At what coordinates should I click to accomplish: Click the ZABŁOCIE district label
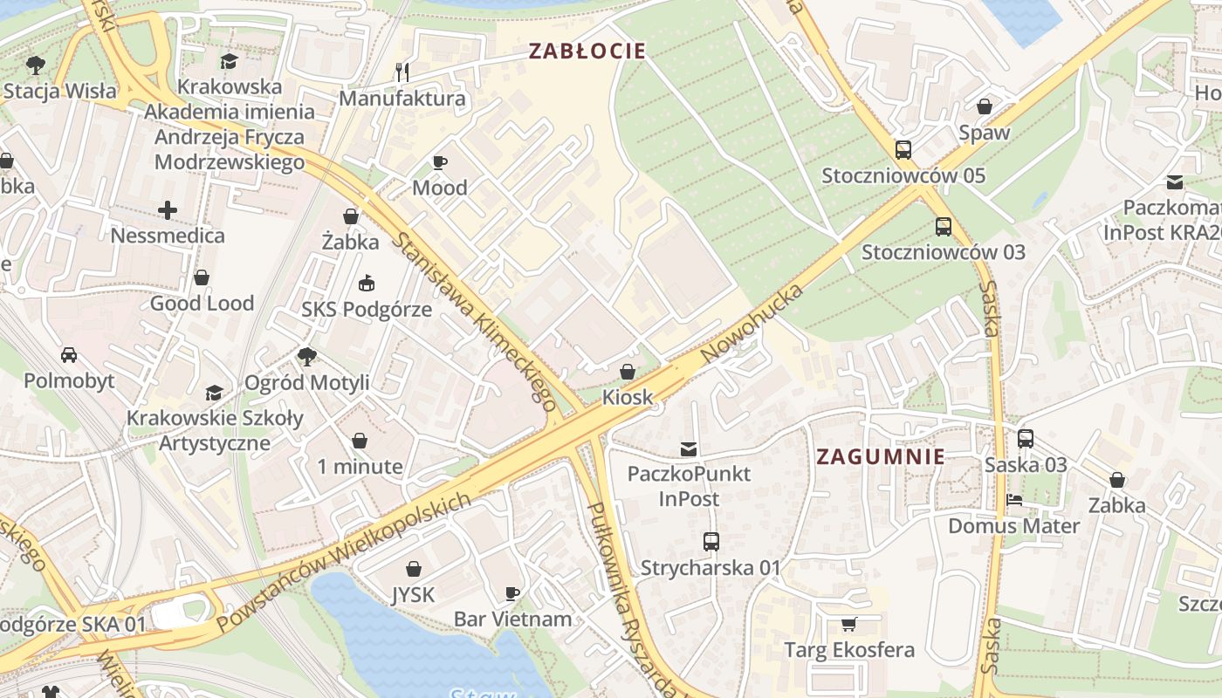(x=587, y=51)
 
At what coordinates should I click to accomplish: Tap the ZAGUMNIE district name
(x=880, y=456)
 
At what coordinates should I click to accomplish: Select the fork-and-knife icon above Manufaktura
(x=402, y=71)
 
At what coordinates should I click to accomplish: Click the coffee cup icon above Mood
(x=440, y=162)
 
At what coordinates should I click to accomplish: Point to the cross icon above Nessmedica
(x=167, y=209)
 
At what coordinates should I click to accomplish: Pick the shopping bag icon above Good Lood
(x=202, y=277)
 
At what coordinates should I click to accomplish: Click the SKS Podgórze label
(x=367, y=309)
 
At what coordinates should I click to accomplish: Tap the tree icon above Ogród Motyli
(x=306, y=356)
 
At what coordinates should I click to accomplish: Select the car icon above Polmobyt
(x=68, y=355)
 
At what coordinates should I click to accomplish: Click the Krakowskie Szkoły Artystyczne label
(x=215, y=430)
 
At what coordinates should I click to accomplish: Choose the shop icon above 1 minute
(x=359, y=441)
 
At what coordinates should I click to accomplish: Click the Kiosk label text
(x=627, y=397)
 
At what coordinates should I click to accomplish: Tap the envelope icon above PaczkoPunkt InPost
(x=689, y=448)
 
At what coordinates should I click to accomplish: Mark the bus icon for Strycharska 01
(x=711, y=542)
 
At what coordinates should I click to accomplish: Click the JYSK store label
(x=413, y=595)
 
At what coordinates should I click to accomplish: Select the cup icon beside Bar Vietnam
(x=512, y=593)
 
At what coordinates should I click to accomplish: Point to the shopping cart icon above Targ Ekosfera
(x=848, y=624)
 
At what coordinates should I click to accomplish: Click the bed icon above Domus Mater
(x=1013, y=501)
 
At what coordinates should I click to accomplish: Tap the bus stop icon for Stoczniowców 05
(x=903, y=150)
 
